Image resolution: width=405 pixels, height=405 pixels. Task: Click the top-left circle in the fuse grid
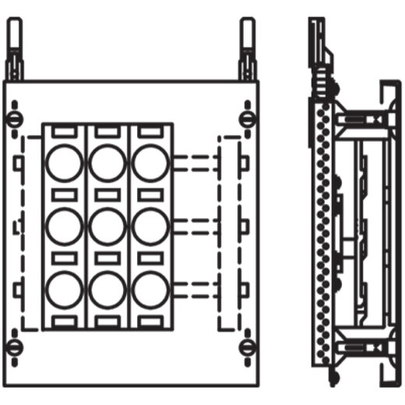point(64,164)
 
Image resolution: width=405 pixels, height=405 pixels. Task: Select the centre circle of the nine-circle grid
point(107,227)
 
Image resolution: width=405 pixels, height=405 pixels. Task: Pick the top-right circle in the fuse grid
point(150,164)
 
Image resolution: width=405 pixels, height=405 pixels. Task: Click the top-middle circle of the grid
point(107,164)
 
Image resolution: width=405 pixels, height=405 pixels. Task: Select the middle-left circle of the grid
point(64,227)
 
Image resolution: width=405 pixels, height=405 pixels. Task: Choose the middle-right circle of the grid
point(150,227)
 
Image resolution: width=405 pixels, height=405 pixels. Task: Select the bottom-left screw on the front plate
point(14,346)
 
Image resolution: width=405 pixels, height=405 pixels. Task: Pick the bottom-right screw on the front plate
point(247,346)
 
